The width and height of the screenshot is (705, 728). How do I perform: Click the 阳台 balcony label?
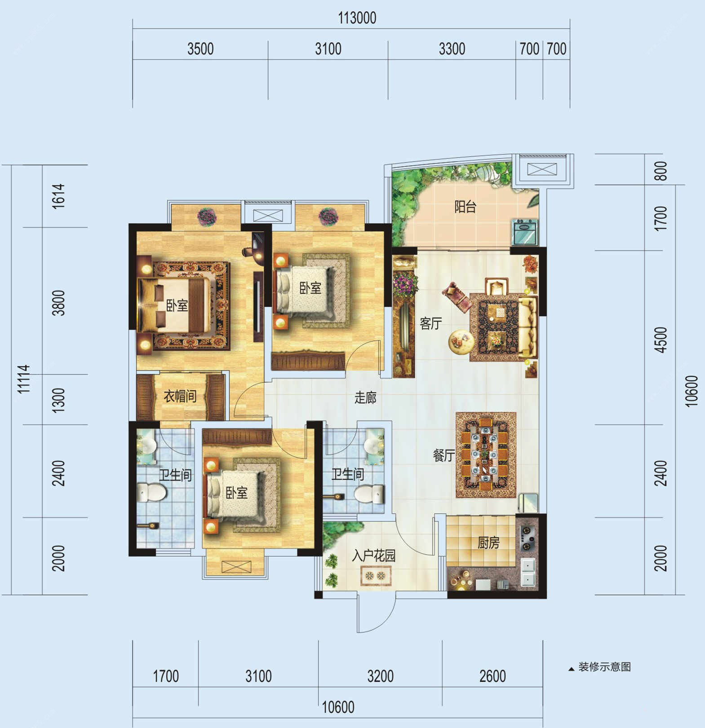tap(465, 207)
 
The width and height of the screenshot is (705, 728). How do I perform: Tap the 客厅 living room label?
tap(431, 323)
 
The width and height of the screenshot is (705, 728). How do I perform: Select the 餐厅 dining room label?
tap(444, 455)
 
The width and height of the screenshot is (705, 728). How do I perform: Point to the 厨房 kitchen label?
tap(488, 543)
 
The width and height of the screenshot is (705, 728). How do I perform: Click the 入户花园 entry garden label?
tap(374, 556)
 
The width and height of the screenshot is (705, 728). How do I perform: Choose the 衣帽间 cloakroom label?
tap(180, 396)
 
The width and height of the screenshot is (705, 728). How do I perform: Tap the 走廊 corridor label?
tap(365, 397)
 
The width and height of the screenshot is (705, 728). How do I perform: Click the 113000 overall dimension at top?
tap(357, 18)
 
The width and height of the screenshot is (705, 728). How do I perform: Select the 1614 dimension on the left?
tap(59, 196)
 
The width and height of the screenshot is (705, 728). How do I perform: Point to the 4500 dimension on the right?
tap(661, 340)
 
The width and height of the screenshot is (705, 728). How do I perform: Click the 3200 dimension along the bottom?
tap(381, 676)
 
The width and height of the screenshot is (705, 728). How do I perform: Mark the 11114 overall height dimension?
tap(23, 379)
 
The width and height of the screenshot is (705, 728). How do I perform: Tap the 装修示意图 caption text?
tap(605, 667)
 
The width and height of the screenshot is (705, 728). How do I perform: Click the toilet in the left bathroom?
tap(151, 492)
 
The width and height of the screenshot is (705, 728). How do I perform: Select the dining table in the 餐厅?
tap(485, 455)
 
